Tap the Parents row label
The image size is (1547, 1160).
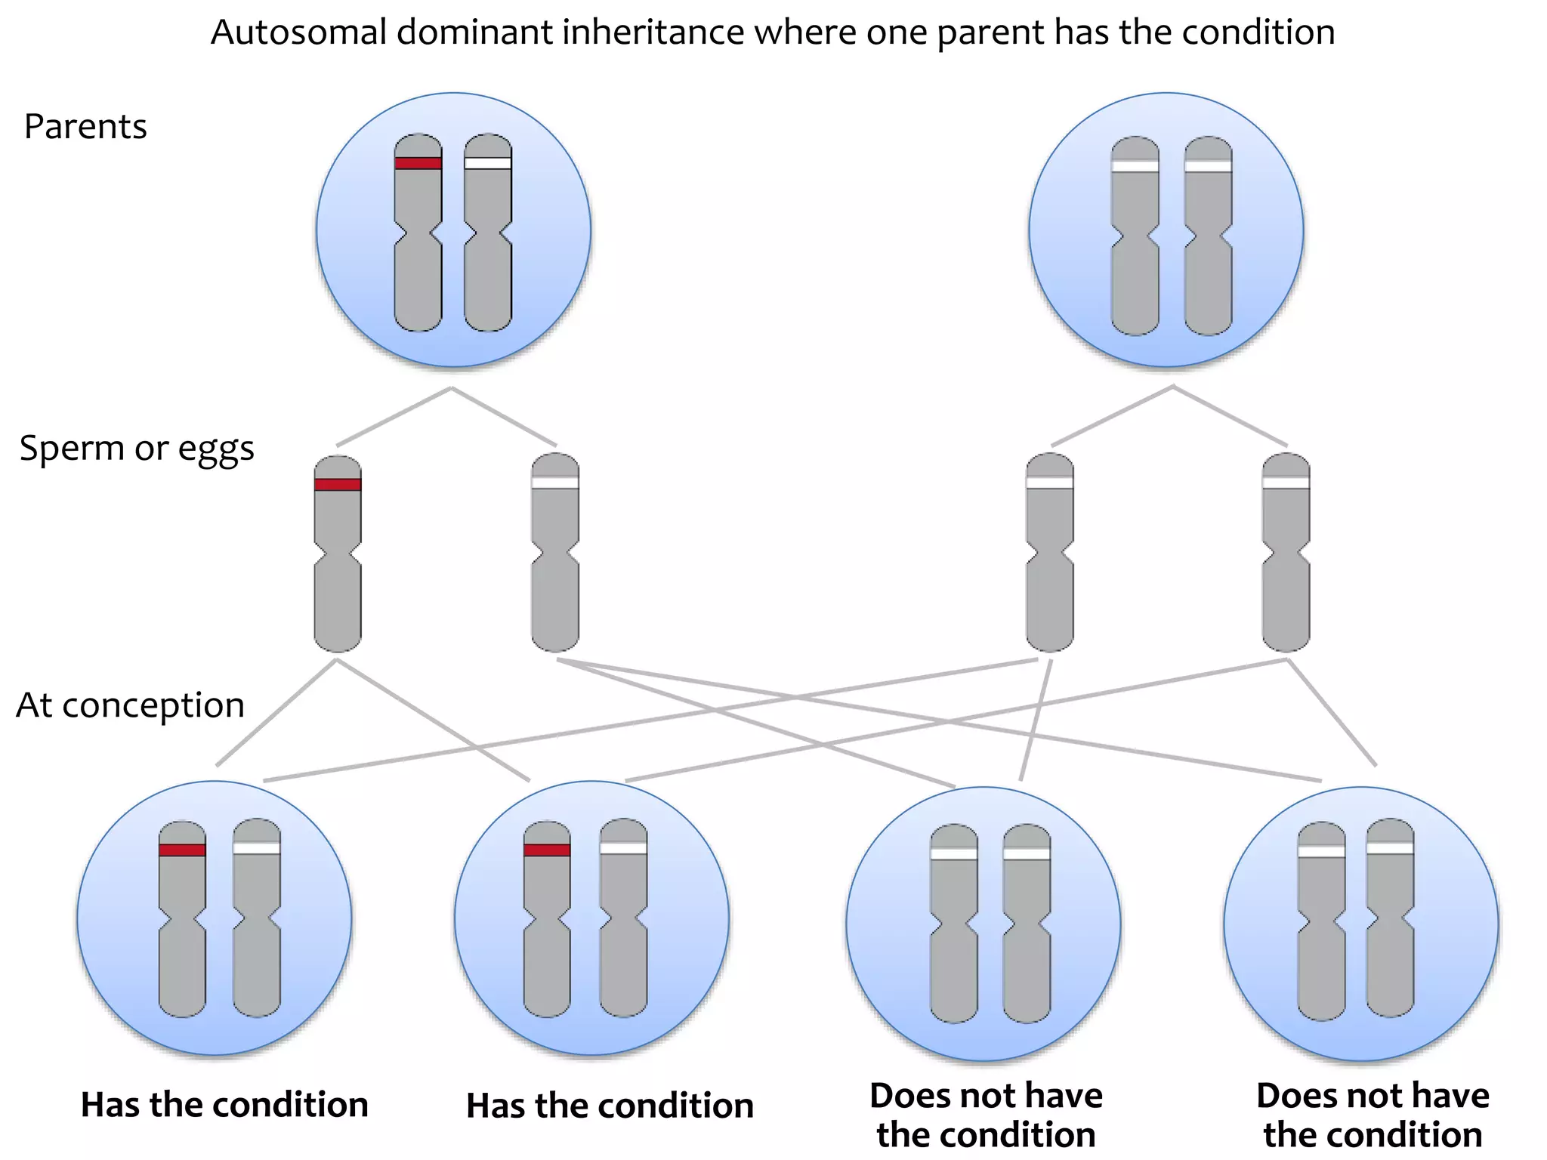tap(85, 127)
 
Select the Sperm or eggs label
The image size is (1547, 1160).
tap(137, 449)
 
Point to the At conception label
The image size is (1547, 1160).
tap(130, 705)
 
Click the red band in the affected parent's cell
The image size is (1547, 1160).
tap(418, 162)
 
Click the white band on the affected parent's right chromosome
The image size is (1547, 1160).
tap(487, 162)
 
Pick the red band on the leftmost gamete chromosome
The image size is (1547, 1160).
tap(337, 484)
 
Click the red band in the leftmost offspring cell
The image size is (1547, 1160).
tap(182, 850)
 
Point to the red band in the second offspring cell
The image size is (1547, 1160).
tap(547, 850)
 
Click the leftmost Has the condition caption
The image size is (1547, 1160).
tap(224, 1105)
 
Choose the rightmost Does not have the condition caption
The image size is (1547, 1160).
tap(1373, 1115)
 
